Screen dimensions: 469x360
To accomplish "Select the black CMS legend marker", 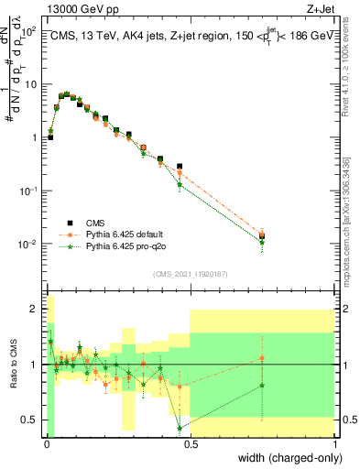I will pyautogui.click(x=69, y=223).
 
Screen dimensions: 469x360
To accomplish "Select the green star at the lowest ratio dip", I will pyautogui.click(x=180, y=428).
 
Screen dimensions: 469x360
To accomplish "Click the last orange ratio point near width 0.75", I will pyautogui.click(x=262, y=358).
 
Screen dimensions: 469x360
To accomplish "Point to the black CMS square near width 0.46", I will pyautogui.click(x=180, y=167).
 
